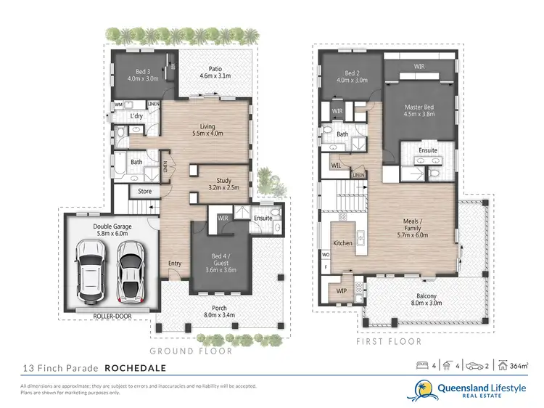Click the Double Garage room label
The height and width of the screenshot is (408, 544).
(112, 230)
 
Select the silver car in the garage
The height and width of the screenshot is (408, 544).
(131, 272)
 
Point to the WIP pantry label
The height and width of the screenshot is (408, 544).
(341, 290)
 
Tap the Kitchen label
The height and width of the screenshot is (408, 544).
(342, 243)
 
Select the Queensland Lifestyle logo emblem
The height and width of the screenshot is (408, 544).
(424, 391)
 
